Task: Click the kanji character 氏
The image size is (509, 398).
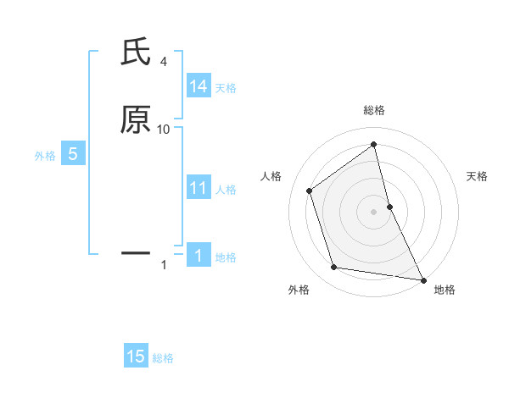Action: (136, 53)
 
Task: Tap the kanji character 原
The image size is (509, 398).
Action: (136, 119)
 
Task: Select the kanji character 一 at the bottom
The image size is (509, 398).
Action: (136, 252)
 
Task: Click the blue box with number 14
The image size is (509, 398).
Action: (199, 86)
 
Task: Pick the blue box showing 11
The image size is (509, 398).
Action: (199, 188)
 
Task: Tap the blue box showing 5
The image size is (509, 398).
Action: (73, 154)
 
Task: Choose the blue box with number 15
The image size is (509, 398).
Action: (136, 357)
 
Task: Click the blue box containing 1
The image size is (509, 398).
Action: (199, 256)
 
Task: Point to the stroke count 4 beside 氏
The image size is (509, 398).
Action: (163, 62)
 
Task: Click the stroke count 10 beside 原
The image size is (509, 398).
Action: (164, 130)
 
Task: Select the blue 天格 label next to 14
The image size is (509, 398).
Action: (226, 88)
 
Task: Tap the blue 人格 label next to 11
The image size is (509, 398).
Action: (227, 190)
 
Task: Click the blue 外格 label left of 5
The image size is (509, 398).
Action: (45, 156)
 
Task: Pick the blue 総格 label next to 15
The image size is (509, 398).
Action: (163, 358)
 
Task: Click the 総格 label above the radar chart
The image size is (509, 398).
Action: (374, 110)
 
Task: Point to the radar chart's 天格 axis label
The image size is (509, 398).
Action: (478, 176)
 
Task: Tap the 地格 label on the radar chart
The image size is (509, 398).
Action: (445, 290)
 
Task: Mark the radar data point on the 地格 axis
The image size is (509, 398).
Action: (422, 279)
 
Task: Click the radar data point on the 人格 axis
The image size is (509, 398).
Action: (310, 191)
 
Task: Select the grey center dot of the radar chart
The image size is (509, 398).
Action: (374, 211)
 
